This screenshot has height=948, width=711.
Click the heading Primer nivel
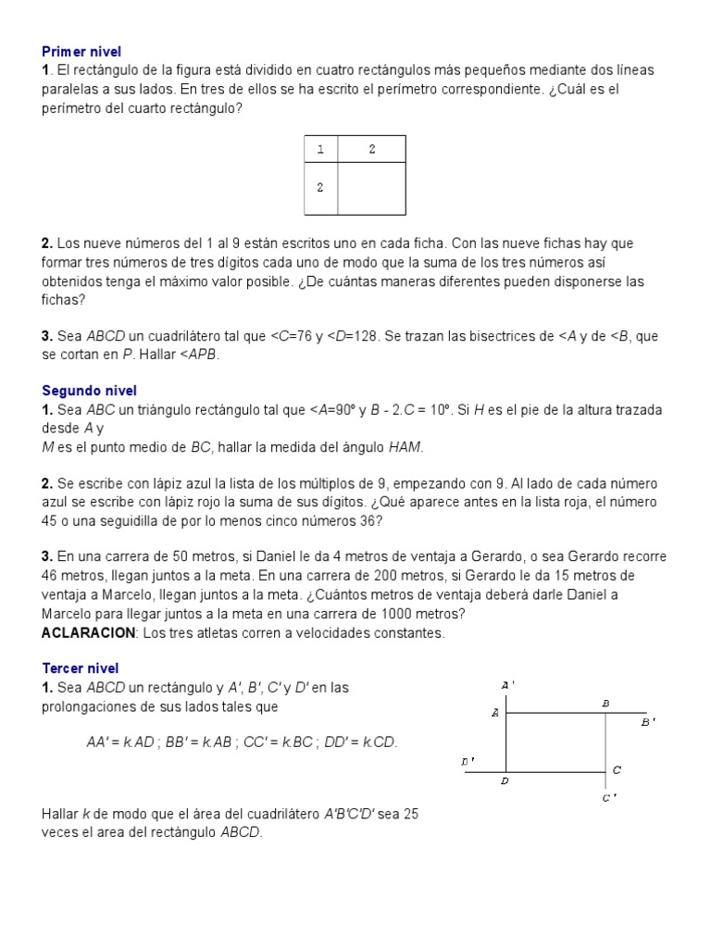[81, 52]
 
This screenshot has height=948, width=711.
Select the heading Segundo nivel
[89, 391]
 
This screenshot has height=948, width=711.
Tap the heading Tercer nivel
[81, 668]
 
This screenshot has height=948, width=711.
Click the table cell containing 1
[320, 149]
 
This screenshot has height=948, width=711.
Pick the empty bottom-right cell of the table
[371, 188]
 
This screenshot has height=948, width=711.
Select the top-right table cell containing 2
[371, 149]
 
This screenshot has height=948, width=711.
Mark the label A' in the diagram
[507, 685]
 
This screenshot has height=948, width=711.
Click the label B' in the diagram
[648, 722]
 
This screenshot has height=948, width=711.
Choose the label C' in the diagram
[609, 798]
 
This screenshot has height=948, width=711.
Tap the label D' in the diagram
[468, 761]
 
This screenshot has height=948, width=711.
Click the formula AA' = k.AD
[119, 742]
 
